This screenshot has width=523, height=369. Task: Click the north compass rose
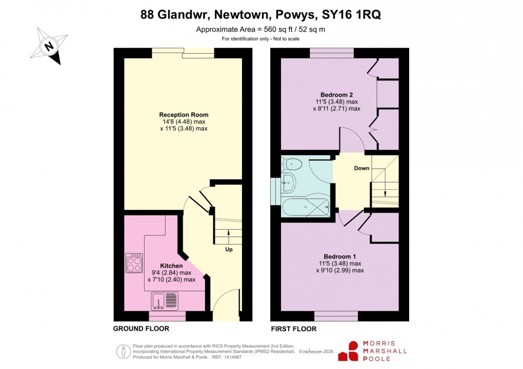tap(49, 46)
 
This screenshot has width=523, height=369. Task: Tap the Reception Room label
tap(184, 115)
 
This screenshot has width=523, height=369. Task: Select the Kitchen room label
tap(171, 266)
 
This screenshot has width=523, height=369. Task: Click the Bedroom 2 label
tap(336, 95)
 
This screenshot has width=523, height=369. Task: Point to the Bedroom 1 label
tap(339, 256)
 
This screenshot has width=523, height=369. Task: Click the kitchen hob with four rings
tap(134, 263)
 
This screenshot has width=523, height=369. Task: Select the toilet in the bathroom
tap(291, 164)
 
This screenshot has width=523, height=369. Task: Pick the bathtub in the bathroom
tap(306, 207)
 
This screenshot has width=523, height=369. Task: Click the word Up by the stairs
tap(229, 250)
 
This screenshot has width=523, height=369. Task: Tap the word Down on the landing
tap(361, 168)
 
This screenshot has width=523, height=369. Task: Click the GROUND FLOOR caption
tap(141, 329)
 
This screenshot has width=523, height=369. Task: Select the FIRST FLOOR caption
tap(293, 329)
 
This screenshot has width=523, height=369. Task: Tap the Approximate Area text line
tap(260, 29)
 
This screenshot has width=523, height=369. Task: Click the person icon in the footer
tap(123, 351)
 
